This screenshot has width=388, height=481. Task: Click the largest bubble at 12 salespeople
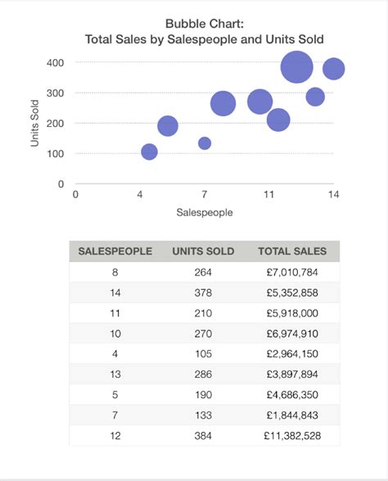click(297, 67)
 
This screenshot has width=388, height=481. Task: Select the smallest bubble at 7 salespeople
click(205, 143)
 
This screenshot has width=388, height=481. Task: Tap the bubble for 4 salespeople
click(149, 152)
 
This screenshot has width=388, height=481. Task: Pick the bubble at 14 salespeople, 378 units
click(333, 69)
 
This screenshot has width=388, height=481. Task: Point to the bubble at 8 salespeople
click(223, 103)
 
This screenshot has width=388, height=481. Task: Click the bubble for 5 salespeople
click(168, 125)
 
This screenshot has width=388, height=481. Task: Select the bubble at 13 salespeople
click(315, 97)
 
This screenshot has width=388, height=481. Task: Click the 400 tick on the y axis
click(55, 62)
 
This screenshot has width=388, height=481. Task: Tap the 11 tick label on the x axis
click(268, 194)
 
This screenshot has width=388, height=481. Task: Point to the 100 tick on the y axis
click(55, 153)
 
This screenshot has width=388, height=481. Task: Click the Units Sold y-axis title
click(35, 123)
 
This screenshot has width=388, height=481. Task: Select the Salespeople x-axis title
click(205, 212)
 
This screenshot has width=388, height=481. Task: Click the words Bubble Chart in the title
click(204, 24)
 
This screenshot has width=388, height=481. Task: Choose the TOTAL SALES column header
click(292, 252)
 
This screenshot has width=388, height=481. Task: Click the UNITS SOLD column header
click(203, 252)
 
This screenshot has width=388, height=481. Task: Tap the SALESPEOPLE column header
click(115, 252)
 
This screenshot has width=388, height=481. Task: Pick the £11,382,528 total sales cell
click(292, 435)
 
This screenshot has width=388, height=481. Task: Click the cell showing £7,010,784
click(292, 272)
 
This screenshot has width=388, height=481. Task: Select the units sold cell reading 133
click(203, 415)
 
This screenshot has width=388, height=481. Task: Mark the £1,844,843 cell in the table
click(292, 415)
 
